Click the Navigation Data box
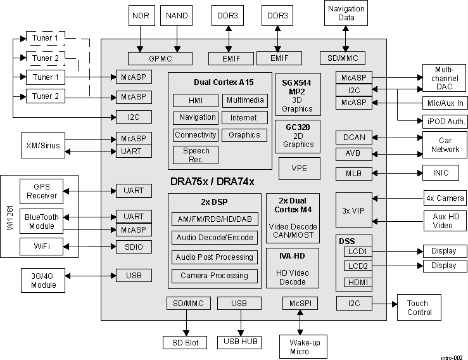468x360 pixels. (346, 13)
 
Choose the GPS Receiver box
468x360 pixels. (41, 191)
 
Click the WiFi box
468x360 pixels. (41, 246)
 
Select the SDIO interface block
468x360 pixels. (134, 247)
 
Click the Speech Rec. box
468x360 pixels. (196, 155)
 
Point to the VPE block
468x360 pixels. (299, 169)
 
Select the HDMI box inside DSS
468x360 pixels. (357, 283)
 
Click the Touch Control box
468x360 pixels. (419, 307)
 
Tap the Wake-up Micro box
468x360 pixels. (300, 346)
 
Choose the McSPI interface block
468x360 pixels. (300, 304)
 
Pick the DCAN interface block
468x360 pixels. (354, 138)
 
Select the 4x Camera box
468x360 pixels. (445, 198)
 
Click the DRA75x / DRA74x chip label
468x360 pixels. (212, 181)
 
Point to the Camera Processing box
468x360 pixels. (214, 276)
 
